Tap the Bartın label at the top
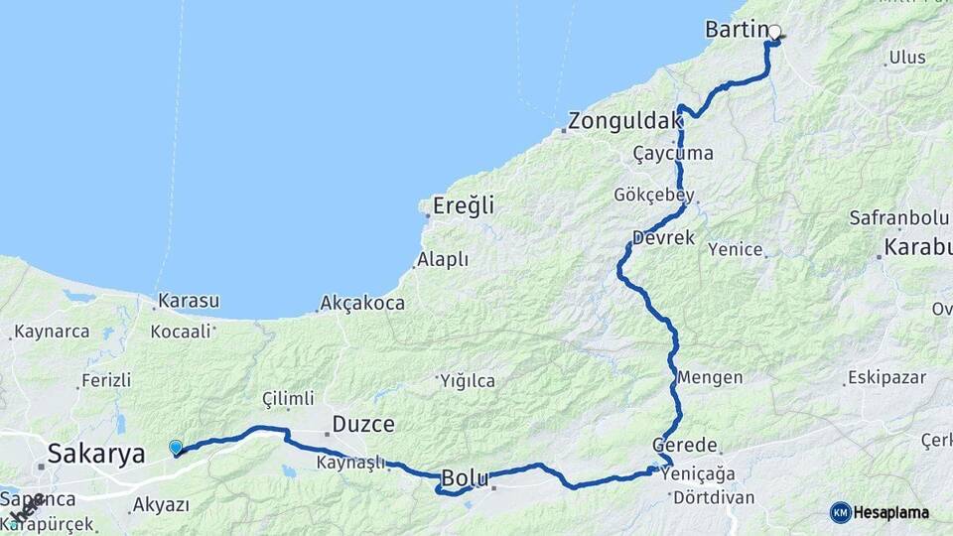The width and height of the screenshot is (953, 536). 736,30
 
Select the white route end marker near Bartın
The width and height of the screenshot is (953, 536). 774,32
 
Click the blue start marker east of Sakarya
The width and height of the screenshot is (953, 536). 176,448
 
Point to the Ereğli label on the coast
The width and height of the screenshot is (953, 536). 463,207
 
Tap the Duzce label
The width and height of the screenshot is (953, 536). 362,425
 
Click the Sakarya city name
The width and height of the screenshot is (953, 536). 97,455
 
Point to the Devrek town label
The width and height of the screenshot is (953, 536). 663,239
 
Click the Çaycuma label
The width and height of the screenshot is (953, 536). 673,154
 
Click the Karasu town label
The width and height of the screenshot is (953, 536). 189,301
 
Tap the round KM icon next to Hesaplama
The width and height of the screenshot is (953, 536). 840,512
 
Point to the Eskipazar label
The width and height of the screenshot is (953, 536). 885,378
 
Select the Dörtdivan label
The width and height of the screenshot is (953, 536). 714,497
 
